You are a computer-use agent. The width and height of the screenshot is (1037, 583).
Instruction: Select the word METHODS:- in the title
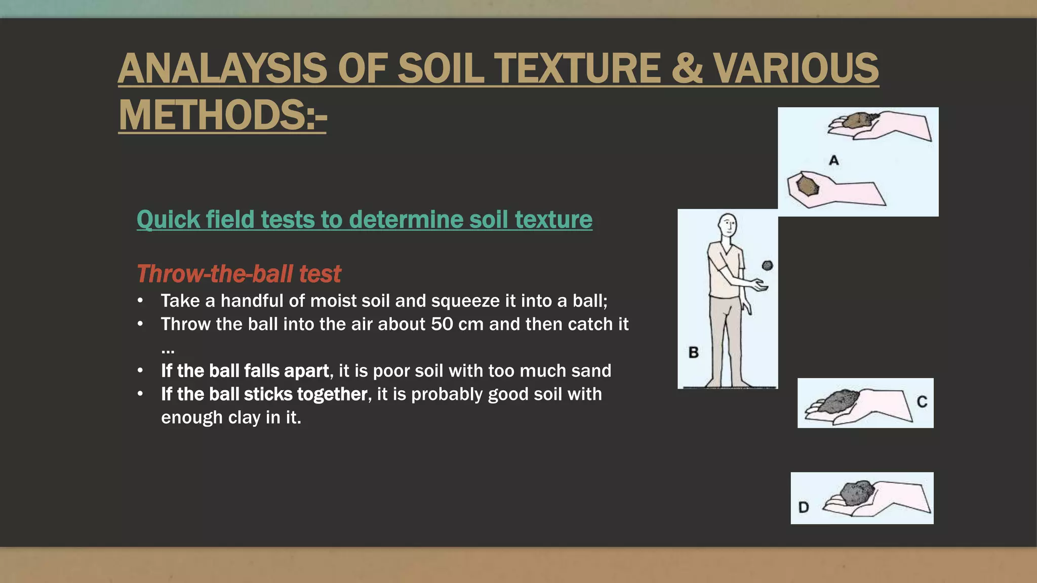pos(222,115)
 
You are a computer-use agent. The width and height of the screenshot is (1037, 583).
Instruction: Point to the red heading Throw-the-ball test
pos(238,274)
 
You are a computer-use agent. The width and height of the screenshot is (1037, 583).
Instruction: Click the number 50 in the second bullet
pos(442,324)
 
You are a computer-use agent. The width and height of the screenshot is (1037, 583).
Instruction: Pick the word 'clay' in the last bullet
pos(244,418)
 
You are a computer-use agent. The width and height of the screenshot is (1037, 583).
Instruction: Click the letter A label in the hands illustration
pos(834,160)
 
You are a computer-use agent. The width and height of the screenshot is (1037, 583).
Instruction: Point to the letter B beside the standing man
pos(694,352)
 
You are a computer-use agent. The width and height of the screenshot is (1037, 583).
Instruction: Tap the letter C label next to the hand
pos(922,402)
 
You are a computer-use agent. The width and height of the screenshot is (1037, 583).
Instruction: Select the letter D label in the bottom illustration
pos(804,507)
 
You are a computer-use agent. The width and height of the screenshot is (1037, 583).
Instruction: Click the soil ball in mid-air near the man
pos(768,265)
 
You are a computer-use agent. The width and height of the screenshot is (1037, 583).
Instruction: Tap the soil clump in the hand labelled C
pos(839,400)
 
